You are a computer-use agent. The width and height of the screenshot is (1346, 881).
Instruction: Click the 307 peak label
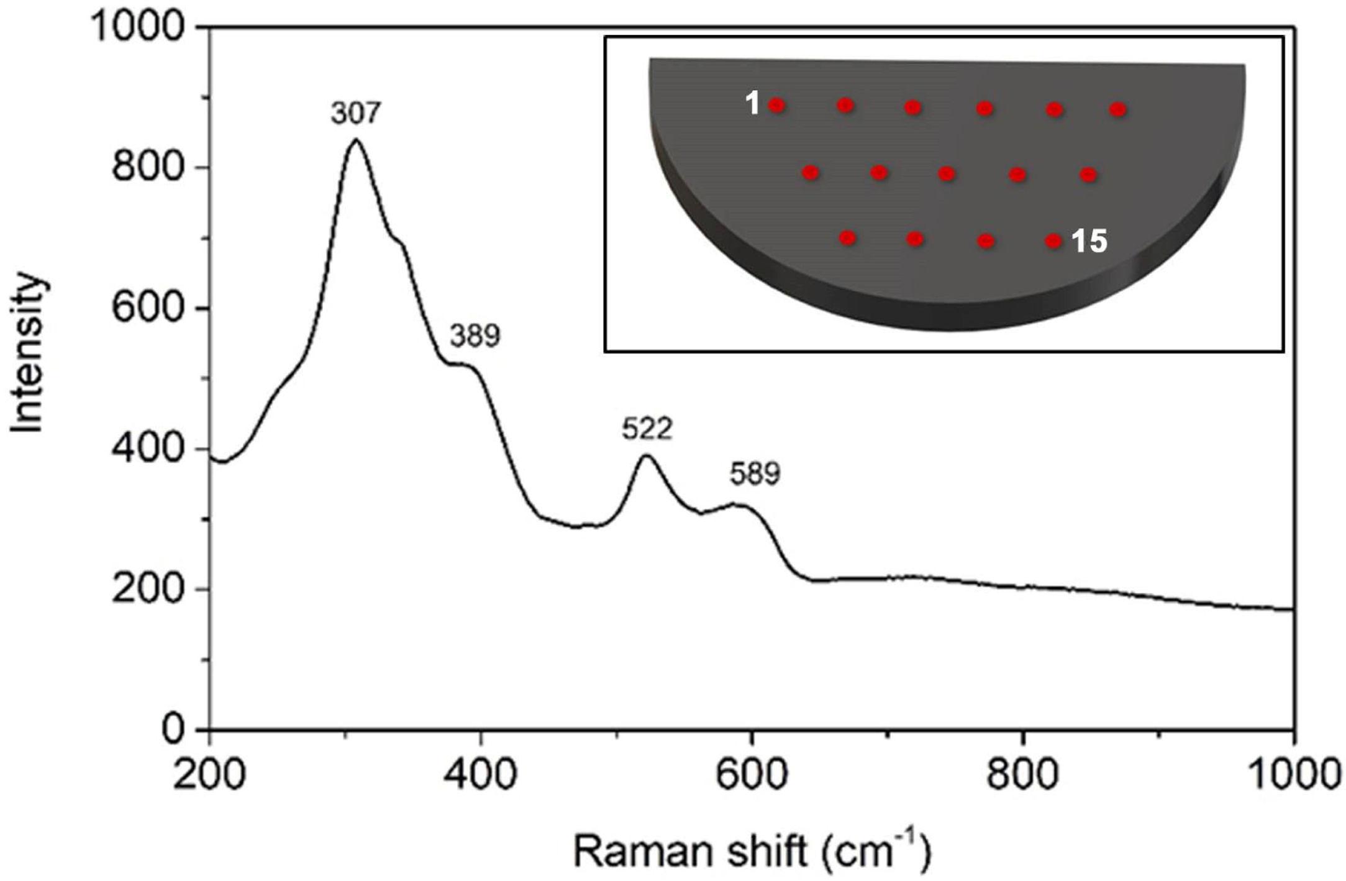tap(355, 114)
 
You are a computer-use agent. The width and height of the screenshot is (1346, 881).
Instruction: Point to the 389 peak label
tap(475, 336)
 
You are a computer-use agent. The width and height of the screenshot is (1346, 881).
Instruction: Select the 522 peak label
tap(647, 429)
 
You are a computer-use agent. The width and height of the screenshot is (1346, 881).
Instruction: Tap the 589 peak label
tap(755, 475)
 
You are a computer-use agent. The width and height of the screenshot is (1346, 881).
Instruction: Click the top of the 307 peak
tap(355, 139)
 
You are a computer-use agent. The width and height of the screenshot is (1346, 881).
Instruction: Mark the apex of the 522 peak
tap(647, 456)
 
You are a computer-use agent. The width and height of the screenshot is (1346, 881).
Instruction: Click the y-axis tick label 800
tap(148, 167)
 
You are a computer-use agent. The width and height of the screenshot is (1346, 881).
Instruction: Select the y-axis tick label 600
tap(148, 308)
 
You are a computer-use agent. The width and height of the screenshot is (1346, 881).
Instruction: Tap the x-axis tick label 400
tap(481, 776)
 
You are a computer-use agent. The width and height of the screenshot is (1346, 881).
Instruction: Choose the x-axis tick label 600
tap(752, 776)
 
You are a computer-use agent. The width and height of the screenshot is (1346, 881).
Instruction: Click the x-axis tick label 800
tap(1023, 776)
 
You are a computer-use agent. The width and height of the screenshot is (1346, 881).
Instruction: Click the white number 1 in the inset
tap(753, 103)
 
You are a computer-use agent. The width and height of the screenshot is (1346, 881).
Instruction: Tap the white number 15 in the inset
tap(1089, 241)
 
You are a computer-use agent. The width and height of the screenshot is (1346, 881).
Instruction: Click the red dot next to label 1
tap(777, 105)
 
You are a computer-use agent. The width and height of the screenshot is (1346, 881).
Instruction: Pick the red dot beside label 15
tap(1053, 240)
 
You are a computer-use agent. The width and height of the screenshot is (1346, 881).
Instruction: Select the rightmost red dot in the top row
tap(1118, 110)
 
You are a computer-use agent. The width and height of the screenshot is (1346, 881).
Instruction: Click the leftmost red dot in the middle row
tap(811, 172)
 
